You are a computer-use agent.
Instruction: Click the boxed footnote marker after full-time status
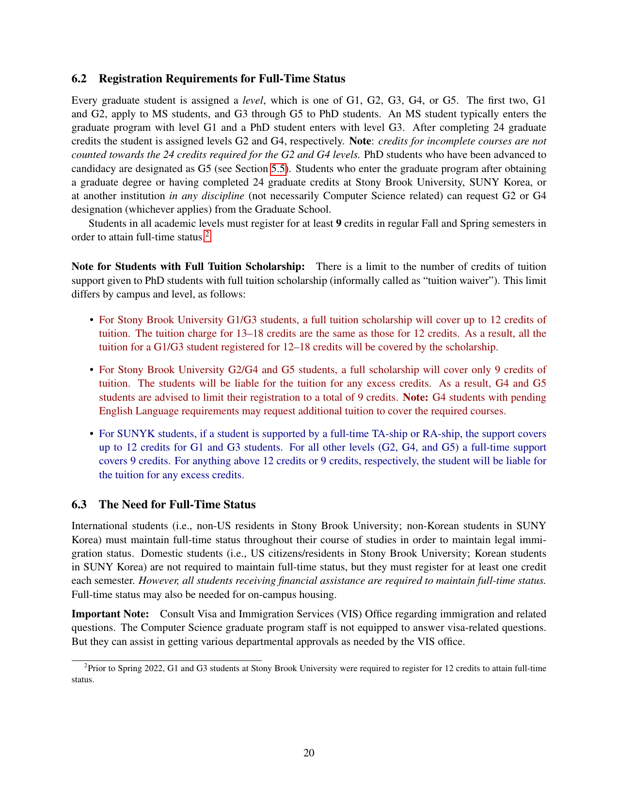(x=207, y=236)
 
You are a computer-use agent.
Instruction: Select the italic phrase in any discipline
(x=206, y=196)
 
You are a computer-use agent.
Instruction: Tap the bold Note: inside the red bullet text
(x=416, y=398)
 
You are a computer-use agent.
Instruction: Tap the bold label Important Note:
(x=110, y=614)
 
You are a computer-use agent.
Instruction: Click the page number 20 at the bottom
(x=309, y=753)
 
